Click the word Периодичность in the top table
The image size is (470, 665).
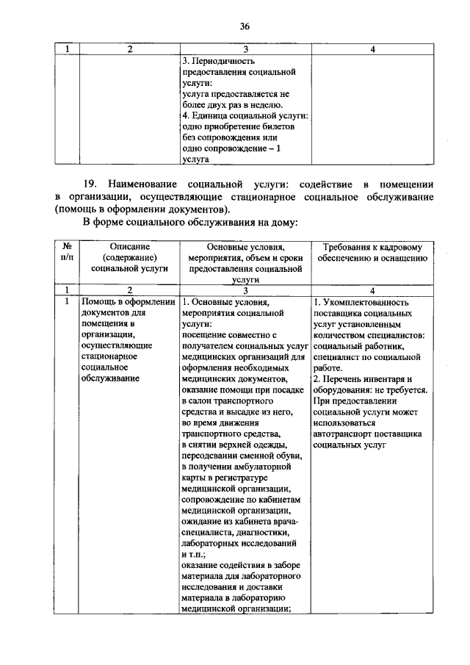click(223, 61)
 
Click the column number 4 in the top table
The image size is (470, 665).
click(373, 48)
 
